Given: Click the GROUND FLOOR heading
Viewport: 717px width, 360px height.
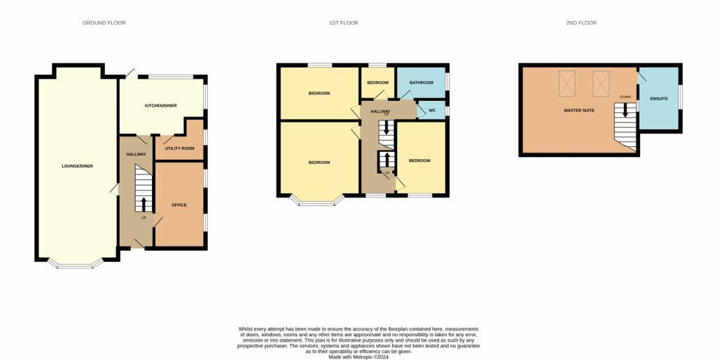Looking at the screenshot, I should (x=104, y=23).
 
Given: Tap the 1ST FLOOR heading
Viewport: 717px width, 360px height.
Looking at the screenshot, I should (x=344, y=23).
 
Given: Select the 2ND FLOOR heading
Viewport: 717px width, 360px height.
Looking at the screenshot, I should (x=581, y=23).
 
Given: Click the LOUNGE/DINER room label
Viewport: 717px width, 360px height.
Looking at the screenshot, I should (x=77, y=166).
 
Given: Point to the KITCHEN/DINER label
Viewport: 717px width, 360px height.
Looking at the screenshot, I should (x=160, y=106).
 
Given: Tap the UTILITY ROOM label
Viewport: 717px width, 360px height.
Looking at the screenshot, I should (x=179, y=148).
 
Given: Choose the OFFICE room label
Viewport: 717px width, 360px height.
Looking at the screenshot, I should (x=179, y=205).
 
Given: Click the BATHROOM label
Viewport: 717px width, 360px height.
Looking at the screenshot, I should (x=422, y=83).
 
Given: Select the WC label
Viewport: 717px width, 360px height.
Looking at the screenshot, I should (x=432, y=111).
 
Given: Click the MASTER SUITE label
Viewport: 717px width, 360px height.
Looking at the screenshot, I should (x=579, y=111).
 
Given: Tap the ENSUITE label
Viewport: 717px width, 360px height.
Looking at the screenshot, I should (x=659, y=99).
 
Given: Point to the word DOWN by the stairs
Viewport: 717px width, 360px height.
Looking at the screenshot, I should (x=625, y=97).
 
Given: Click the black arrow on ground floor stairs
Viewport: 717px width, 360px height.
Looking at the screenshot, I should (x=144, y=203).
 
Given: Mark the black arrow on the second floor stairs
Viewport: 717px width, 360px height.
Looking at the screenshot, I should (x=625, y=110).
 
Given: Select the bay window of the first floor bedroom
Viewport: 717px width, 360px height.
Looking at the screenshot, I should (x=319, y=203).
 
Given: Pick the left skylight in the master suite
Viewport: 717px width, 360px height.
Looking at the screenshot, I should (x=566, y=83).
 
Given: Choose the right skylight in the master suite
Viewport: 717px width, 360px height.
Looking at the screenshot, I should (x=601, y=83).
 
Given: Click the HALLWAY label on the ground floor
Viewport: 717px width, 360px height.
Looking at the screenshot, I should (x=136, y=154).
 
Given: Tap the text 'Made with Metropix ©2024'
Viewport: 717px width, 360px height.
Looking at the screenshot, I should (x=358, y=356).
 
